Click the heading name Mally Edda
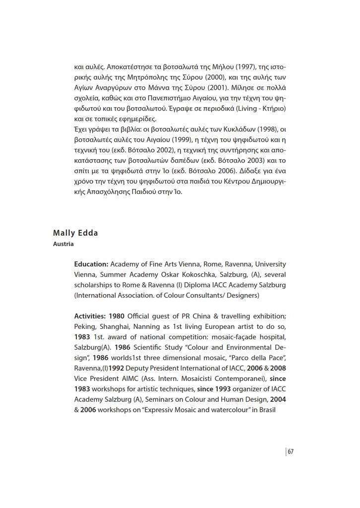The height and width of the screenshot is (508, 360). coord(75,234)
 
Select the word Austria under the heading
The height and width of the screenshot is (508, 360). coord(63,244)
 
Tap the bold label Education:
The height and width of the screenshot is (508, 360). coord(91,264)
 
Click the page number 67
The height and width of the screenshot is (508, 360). coord(291,451)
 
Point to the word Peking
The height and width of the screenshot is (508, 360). coord(86,326)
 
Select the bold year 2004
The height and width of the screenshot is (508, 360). coord(277,400)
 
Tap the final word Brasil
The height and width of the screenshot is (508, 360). coord(265,410)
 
